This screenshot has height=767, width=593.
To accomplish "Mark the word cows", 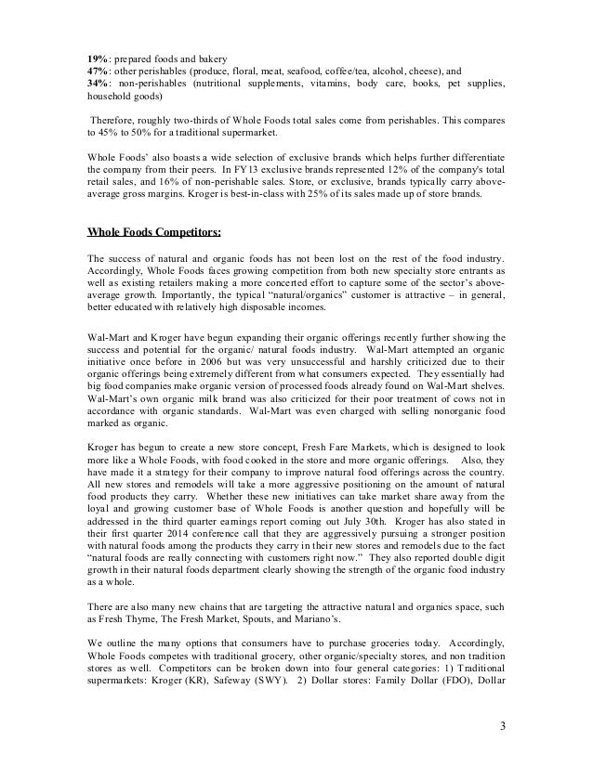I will click(x=446, y=423).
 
